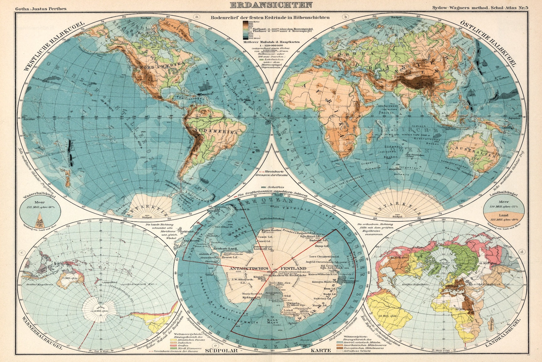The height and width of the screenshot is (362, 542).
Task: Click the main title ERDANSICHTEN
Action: [x=271, y=5]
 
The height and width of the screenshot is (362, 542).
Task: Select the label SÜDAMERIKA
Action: [x=216, y=133]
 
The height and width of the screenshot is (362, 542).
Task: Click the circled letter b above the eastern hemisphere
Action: [x=346, y=17]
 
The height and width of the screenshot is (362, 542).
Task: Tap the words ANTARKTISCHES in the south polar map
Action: [x=249, y=268]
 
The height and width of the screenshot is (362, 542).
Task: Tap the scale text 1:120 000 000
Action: [x=262, y=45]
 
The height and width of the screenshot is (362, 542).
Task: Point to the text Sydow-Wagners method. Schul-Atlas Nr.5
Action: [x=485, y=8]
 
